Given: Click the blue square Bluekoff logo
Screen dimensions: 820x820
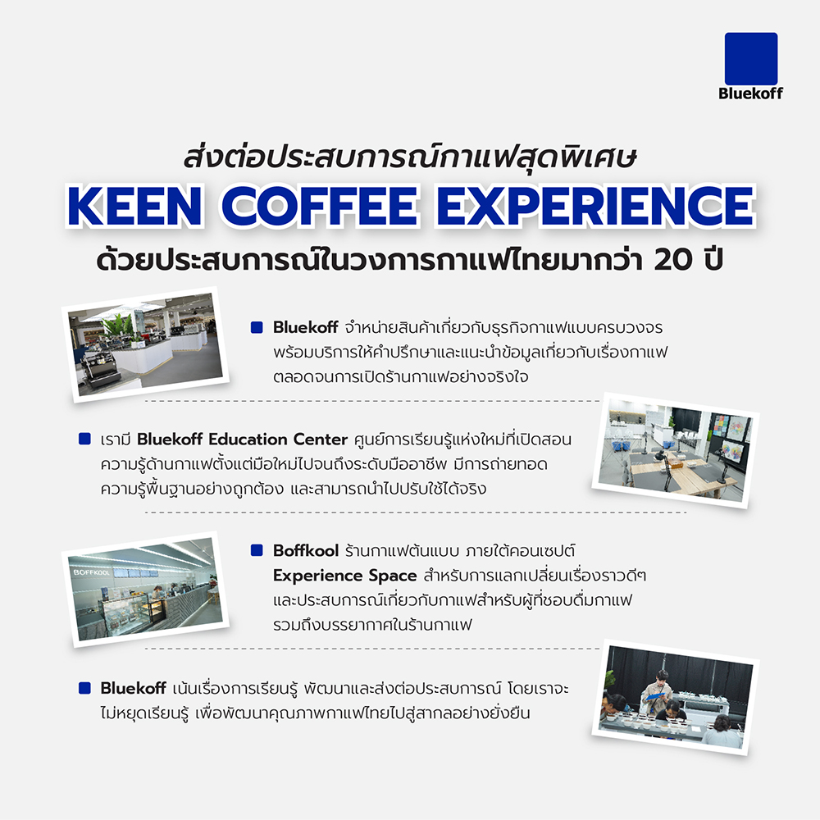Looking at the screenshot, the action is [x=751, y=58].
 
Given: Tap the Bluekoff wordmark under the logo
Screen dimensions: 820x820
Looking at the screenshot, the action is [x=750, y=93].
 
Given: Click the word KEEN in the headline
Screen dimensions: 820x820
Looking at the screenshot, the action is [x=135, y=206].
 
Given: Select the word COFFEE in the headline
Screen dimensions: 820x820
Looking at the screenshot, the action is [x=320, y=206].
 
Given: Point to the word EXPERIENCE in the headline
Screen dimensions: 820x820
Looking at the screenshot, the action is [x=595, y=206].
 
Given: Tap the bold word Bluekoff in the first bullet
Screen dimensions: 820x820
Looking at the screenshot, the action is [x=305, y=327].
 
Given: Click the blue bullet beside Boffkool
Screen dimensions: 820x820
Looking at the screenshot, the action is [x=257, y=550].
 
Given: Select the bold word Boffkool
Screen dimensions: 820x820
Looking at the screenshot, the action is [x=306, y=551].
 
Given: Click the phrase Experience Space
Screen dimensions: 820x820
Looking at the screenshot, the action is [x=344, y=576].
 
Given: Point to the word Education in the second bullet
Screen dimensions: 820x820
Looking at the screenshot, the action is [x=248, y=440].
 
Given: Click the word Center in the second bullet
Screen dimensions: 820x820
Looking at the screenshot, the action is [x=320, y=440].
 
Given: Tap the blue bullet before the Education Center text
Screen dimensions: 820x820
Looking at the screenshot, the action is [x=84, y=439].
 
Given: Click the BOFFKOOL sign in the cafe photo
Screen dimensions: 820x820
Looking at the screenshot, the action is [x=92, y=572].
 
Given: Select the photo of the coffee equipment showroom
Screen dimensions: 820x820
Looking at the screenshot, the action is [x=145, y=344].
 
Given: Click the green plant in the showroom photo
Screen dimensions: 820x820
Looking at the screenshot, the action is [x=118, y=326].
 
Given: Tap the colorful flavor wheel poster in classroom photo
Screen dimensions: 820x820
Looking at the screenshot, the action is [x=734, y=449].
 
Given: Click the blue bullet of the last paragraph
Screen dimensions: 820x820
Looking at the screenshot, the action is [x=84, y=688].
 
